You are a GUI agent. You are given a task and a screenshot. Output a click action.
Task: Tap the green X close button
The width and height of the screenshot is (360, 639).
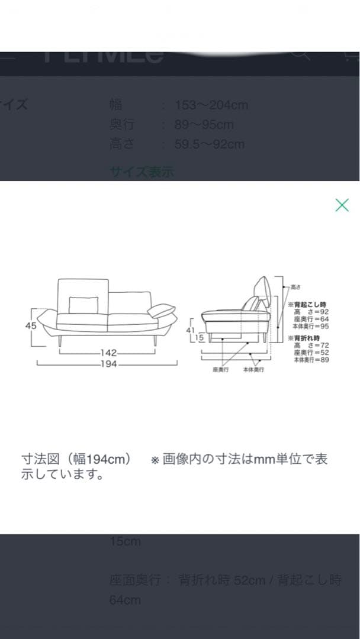(342, 205)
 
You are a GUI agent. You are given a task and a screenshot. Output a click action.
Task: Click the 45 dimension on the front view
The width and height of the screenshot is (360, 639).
(31, 326)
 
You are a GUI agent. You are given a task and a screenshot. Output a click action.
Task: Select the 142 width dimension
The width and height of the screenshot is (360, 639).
(108, 353)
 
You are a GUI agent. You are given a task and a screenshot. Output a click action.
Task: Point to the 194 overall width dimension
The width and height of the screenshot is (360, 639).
(108, 364)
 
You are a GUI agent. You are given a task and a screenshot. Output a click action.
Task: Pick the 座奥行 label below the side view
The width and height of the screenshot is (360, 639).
(220, 370)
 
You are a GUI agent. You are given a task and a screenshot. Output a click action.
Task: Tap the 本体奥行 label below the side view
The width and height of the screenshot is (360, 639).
(253, 370)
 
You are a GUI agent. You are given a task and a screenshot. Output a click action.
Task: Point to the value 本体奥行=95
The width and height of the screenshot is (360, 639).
(311, 326)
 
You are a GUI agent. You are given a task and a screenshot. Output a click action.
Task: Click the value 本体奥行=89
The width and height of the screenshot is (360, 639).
(311, 359)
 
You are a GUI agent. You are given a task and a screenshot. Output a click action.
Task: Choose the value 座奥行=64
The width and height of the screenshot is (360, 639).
(311, 319)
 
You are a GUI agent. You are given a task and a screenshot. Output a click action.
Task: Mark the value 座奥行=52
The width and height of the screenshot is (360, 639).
(311, 352)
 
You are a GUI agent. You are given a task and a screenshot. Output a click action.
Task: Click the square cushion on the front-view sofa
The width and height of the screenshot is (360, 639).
(82, 305)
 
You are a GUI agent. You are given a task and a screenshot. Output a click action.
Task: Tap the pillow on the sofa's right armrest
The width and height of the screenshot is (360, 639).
(161, 311)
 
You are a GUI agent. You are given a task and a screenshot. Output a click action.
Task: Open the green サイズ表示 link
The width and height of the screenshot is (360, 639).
(142, 172)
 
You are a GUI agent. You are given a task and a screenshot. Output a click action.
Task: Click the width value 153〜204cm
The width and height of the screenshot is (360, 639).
(211, 105)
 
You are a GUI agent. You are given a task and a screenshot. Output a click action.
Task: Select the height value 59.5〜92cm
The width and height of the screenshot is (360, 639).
(210, 144)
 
